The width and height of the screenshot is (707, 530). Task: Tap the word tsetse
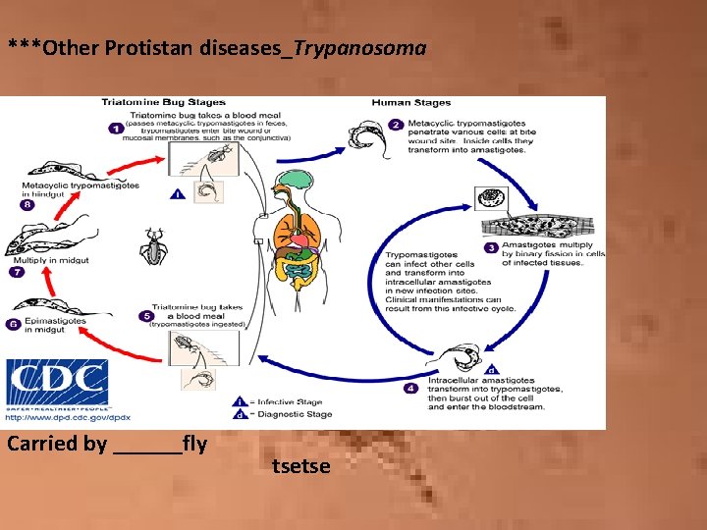pyautogui.click(x=300, y=465)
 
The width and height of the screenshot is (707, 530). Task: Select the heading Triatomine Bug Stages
pyautogui.click(x=163, y=102)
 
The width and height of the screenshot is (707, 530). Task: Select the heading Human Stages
pyautogui.click(x=410, y=102)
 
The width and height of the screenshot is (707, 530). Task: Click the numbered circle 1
pyautogui.click(x=116, y=128)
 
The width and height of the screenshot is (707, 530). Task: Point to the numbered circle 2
pyautogui.click(x=396, y=125)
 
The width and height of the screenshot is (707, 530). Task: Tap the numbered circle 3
pyautogui.click(x=490, y=247)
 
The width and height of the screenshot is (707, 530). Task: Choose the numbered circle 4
pyautogui.click(x=411, y=389)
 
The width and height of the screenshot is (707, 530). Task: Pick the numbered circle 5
pyautogui.click(x=145, y=316)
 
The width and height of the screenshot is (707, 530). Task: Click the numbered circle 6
pyautogui.click(x=13, y=324)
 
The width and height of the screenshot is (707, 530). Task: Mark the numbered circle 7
pyautogui.click(x=16, y=272)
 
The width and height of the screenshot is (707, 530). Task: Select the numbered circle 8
pyautogui.click(x=27, y=205)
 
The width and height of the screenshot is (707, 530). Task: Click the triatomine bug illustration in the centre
pyautogui.click(x=153, y=246)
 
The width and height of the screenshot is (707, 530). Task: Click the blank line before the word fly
pyautogui.click(x=147, y=445)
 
